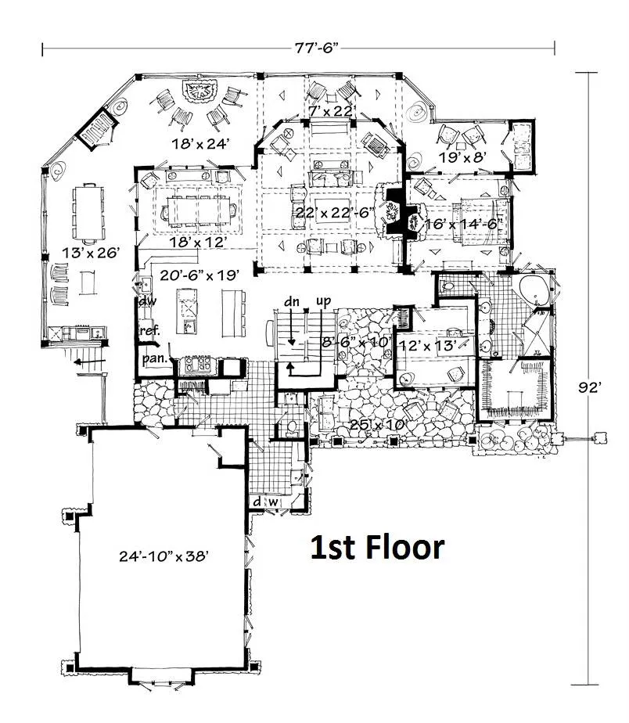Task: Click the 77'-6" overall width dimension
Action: [x=317, y=48]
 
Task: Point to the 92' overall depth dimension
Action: [x=590, y=388]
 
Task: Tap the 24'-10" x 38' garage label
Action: [x=164, y=556]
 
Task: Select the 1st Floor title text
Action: [x=377, y=547]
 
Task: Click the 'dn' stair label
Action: [x=292, y=301]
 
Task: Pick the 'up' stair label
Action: [x=324, y=301]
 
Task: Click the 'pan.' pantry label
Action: [x=154, y=358]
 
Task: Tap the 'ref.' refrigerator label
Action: [x=150, y=330]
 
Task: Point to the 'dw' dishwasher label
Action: [x=148, y=301]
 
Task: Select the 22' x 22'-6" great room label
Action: [x=335, y=213]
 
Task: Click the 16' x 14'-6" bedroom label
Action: [x=463, y=224]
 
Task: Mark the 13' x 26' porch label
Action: [x=92, y=252]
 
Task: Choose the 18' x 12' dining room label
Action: [x=198, y=242]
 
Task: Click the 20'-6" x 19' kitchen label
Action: [x=199, y=275]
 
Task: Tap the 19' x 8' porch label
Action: [x=462, y=158]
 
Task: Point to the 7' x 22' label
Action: [x=331, y=110]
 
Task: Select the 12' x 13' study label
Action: [x=427, y=344]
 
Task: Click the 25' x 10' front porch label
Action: [x=378, y=424]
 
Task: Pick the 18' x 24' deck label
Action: [x=200, y=144]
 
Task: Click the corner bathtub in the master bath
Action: [x=534, y=289]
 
